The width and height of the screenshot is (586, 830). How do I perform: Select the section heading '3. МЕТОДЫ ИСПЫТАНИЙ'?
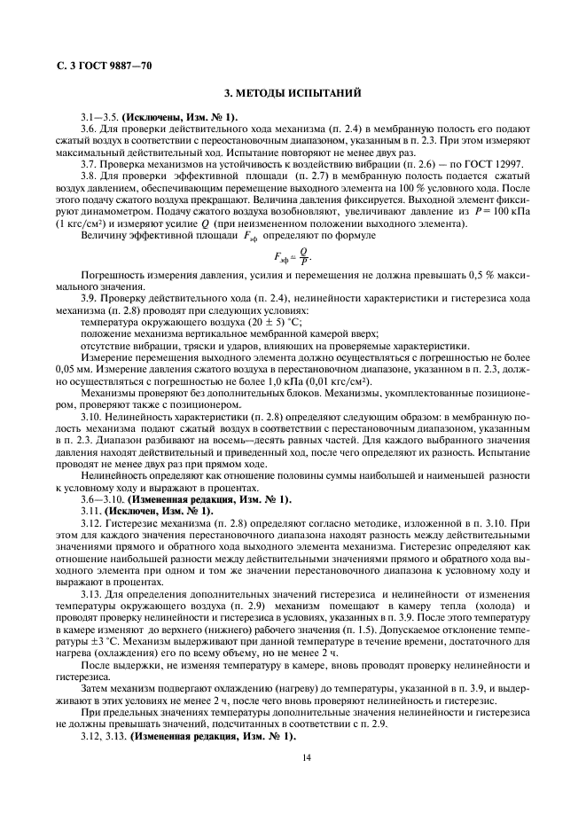[292, 93]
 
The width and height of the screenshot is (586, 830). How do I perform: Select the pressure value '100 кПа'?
[512, 213]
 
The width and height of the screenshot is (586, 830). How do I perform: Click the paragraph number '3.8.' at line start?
[90, 177]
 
